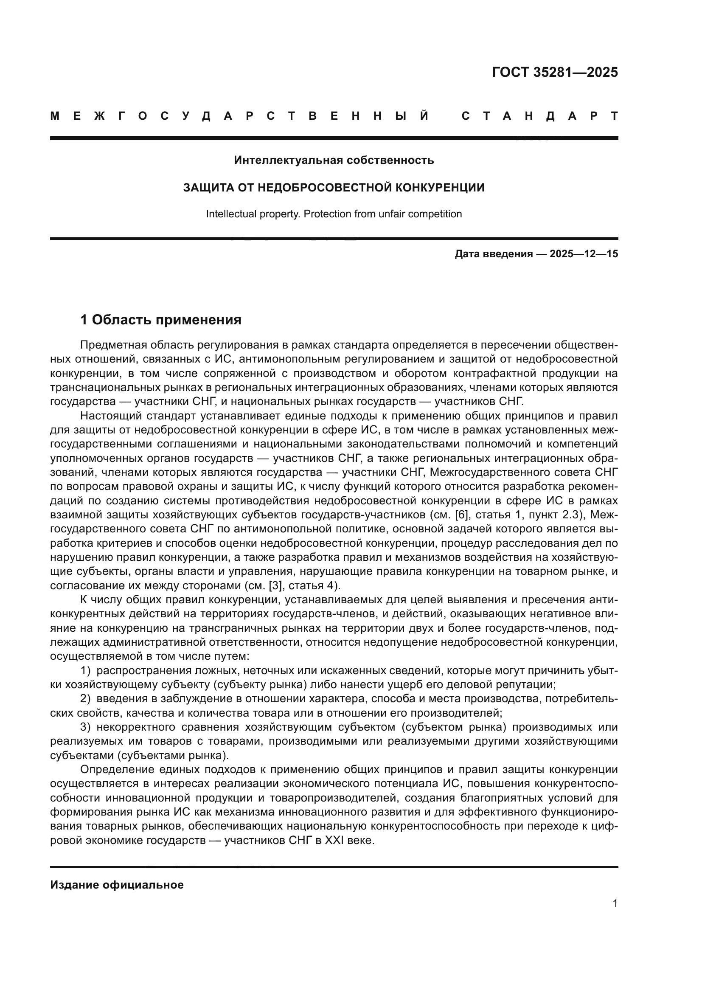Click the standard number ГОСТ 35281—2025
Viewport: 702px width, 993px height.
pos(555,72)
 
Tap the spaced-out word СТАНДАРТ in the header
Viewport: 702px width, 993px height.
pos(540,116)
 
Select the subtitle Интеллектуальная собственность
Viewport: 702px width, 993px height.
pos(334,160)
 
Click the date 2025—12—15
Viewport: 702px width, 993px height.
pos(584,254)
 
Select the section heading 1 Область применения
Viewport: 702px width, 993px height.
pos(160,320)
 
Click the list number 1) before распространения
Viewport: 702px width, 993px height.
pos(86,671)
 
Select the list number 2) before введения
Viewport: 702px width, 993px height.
pos(86,699)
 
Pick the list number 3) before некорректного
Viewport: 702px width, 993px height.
pos(86,728)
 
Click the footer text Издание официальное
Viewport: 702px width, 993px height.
pos(117,885)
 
